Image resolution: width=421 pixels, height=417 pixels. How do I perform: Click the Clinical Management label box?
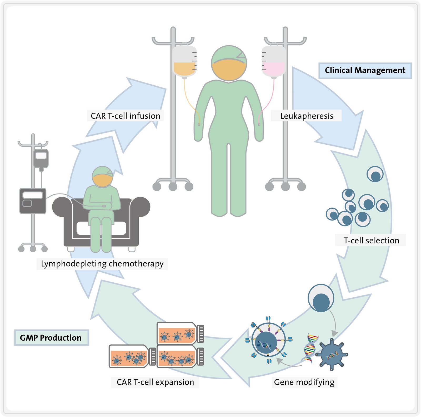click(x=365, y=71)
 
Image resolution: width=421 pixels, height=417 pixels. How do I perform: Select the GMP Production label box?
click(x=51, y=337)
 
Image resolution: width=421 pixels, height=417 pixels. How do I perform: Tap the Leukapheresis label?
click(x=307, y=116)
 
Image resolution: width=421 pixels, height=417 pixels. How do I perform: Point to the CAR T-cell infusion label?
click(x=126, y=116)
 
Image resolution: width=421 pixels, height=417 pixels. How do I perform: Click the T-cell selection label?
click(x=371, y=240)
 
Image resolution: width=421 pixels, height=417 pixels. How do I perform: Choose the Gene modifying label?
click(x=304, y=382)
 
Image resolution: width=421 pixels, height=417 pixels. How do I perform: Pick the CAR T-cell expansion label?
click(x=155, y=382)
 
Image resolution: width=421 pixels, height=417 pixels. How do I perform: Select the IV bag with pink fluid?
click(x=274, y=62)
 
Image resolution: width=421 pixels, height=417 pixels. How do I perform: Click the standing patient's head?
click(x=229, y=63)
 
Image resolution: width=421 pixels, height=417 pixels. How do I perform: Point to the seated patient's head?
click(x=102, y=177)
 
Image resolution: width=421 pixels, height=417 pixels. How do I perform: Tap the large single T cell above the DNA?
click(x=321, y=298)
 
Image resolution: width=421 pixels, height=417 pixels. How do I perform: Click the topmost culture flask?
click(x=180, y=333)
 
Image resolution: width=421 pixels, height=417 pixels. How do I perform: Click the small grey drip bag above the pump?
click(x=41, y=158)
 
